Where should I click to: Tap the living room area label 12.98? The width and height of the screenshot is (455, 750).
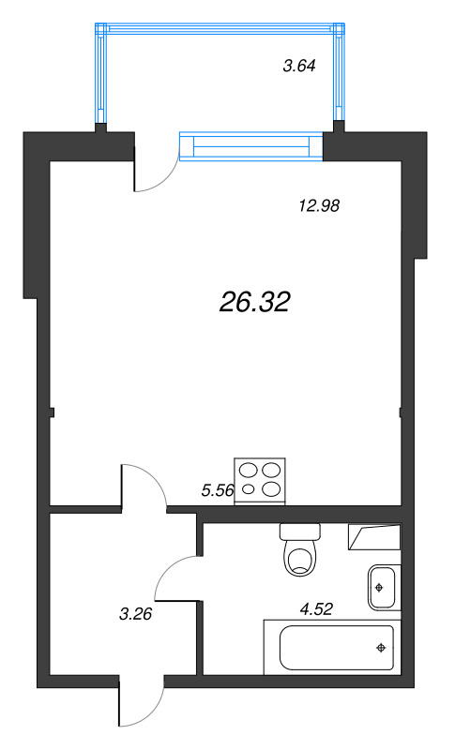pos(316,207)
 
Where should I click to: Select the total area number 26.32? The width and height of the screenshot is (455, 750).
pos(255,301)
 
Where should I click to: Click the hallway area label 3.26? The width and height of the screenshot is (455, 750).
pos(137,615)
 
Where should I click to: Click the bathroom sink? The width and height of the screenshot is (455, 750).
pos(383,587)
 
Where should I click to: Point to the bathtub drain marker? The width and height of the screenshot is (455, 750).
pos(381,647)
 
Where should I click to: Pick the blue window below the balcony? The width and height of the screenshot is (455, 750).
pos(250,147)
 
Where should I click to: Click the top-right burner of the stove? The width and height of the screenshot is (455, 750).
pos(271,471)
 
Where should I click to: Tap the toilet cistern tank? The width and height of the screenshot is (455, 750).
pos(300,532)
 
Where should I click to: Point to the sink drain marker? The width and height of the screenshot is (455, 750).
pos(379,587)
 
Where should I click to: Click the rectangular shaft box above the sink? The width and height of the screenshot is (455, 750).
pos(374,537)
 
